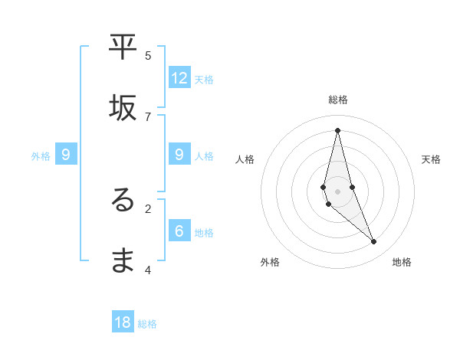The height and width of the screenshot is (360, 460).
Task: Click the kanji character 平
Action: click(x=123, y=47)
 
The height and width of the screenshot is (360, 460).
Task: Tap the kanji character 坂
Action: click(x=123, y=109)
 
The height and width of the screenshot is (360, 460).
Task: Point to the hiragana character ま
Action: click(x=123, y=261)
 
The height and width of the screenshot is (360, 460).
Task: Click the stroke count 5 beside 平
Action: click(x=148, y=55)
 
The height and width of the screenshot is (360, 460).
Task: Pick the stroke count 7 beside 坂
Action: click(x=148, y=116)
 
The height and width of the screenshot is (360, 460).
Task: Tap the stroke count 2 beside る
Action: click(x=148, y=208)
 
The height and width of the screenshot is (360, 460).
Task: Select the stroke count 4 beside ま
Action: click(x=148, y=269)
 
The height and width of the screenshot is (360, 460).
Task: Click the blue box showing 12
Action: click(x=179, y=77)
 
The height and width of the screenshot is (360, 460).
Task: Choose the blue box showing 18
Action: click(x=123, y=322)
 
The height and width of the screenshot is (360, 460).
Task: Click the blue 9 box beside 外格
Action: click(x=67, y=155)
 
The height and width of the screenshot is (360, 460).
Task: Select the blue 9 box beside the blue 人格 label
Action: click(x=179, y=155)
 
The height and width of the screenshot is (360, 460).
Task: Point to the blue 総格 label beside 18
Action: click(x=148, y=324)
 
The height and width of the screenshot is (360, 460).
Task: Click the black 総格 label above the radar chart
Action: click(x=338, y=100)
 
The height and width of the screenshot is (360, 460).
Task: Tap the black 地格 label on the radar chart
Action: click(x=402, y=262)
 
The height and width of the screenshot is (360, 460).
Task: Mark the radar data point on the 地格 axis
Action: click(x=374, y=241)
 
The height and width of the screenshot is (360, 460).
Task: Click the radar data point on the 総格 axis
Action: click(x=338, y=130)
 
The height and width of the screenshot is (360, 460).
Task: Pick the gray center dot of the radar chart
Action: click(x=338, y=191)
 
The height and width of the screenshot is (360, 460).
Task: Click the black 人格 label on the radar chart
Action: click(x=245, y=159)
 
